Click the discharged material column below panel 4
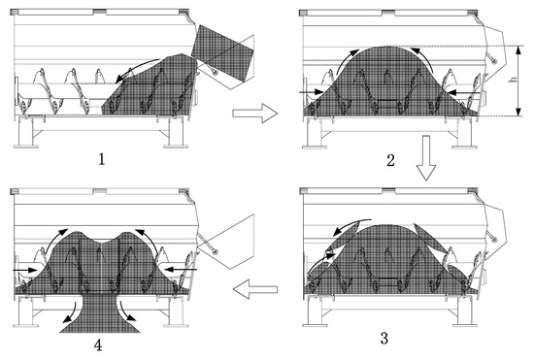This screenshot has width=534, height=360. (98, 316)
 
